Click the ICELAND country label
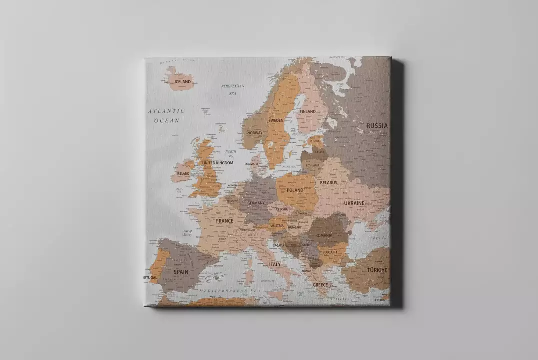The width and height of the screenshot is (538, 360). tap(182, 81)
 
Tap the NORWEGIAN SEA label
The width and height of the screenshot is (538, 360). tap(233, 89)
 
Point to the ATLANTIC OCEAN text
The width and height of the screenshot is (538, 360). tap(167, 115)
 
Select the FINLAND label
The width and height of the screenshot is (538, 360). tap(308, 111)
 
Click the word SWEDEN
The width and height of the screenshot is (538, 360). tap(276, 120)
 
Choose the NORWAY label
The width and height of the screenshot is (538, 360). tap(255, 133)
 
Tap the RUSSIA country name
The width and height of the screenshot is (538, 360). tap(377, 126)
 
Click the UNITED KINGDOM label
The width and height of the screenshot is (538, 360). tap(217, 163)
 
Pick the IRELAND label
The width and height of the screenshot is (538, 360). tap(183, 173)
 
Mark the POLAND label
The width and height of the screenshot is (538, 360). tap(295, 190)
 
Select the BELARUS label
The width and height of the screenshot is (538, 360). tap(329, 183)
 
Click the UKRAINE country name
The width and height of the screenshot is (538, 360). tap(354, 203)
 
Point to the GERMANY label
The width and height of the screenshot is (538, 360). tap(256, 203)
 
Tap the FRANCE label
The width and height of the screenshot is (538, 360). tap(224, 221)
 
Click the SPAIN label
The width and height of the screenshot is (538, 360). tap(181, 272)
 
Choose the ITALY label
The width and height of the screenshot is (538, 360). tap(275, 264)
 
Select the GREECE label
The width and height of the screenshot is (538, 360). tap(320, 285)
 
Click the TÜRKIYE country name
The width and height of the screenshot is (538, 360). tap(377, 270)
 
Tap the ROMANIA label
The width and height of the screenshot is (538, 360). tap(323, 235)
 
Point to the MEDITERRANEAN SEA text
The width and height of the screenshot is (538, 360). tap(230, 290)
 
